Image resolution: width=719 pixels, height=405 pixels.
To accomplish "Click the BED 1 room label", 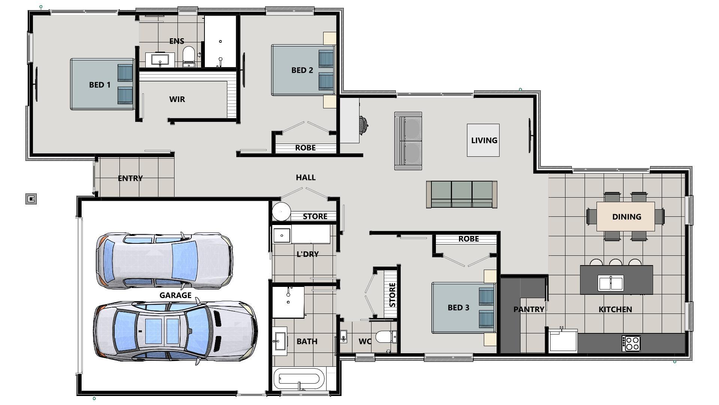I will point(100,85).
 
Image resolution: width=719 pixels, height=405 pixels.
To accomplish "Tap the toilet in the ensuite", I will point(189,55).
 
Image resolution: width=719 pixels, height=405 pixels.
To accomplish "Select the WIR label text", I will point(177,99).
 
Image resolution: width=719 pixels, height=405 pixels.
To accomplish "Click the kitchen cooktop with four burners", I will point(631,343).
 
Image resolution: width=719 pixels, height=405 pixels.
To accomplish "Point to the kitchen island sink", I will point(610,283).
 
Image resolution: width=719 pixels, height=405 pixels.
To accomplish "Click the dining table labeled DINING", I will point(625,216).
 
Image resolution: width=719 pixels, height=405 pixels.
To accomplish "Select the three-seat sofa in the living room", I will point(461,194).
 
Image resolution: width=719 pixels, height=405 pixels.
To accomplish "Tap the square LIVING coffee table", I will point(483,140).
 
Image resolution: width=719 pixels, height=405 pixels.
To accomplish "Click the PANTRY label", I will point(528,309).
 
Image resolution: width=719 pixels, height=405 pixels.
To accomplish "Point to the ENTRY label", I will point(130,178).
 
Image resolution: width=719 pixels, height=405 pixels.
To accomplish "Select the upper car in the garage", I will point(164,260).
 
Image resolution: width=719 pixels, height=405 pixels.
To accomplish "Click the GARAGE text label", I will point(175,295).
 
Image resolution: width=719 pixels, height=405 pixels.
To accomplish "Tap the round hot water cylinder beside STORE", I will point(281,212).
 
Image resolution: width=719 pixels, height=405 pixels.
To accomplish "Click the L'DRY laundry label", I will point(307,254).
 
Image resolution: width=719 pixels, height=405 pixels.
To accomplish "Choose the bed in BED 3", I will point(463,307).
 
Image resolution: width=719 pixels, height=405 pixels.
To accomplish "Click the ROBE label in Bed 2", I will point(305,148).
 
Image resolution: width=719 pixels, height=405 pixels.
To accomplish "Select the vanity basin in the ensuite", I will point(160,60).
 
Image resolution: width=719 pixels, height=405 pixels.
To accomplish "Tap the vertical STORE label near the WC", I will point(392,295).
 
